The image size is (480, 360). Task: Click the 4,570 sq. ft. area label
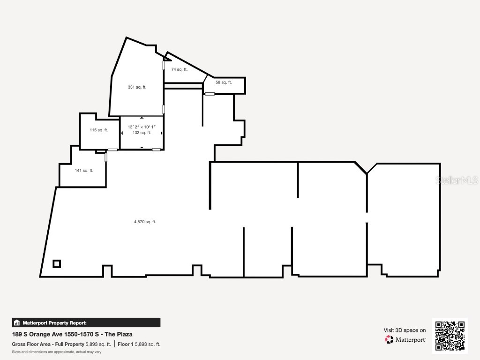point(145,222)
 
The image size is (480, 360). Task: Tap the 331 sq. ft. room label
point(137,87)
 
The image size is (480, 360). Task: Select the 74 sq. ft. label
point(179,69)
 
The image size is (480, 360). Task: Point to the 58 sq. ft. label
point(224,82)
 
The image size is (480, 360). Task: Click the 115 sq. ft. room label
point(99,130)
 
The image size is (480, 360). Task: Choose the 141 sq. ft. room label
point(84,171)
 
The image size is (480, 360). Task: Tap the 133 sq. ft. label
point(142,133)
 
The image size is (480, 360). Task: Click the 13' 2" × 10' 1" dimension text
point(142,127)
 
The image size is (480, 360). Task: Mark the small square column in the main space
point(57,263)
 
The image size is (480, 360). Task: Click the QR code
point(450,336)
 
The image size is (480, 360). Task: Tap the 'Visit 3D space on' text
point(405,330)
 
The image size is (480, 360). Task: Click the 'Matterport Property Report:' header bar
point(86,322)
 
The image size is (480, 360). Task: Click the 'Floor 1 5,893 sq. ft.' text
point(139,344)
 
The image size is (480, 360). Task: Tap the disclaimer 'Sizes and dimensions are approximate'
point(57,352)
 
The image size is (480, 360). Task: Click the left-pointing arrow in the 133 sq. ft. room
point(122,133)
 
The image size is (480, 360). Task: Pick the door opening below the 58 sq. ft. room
point(210,94)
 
